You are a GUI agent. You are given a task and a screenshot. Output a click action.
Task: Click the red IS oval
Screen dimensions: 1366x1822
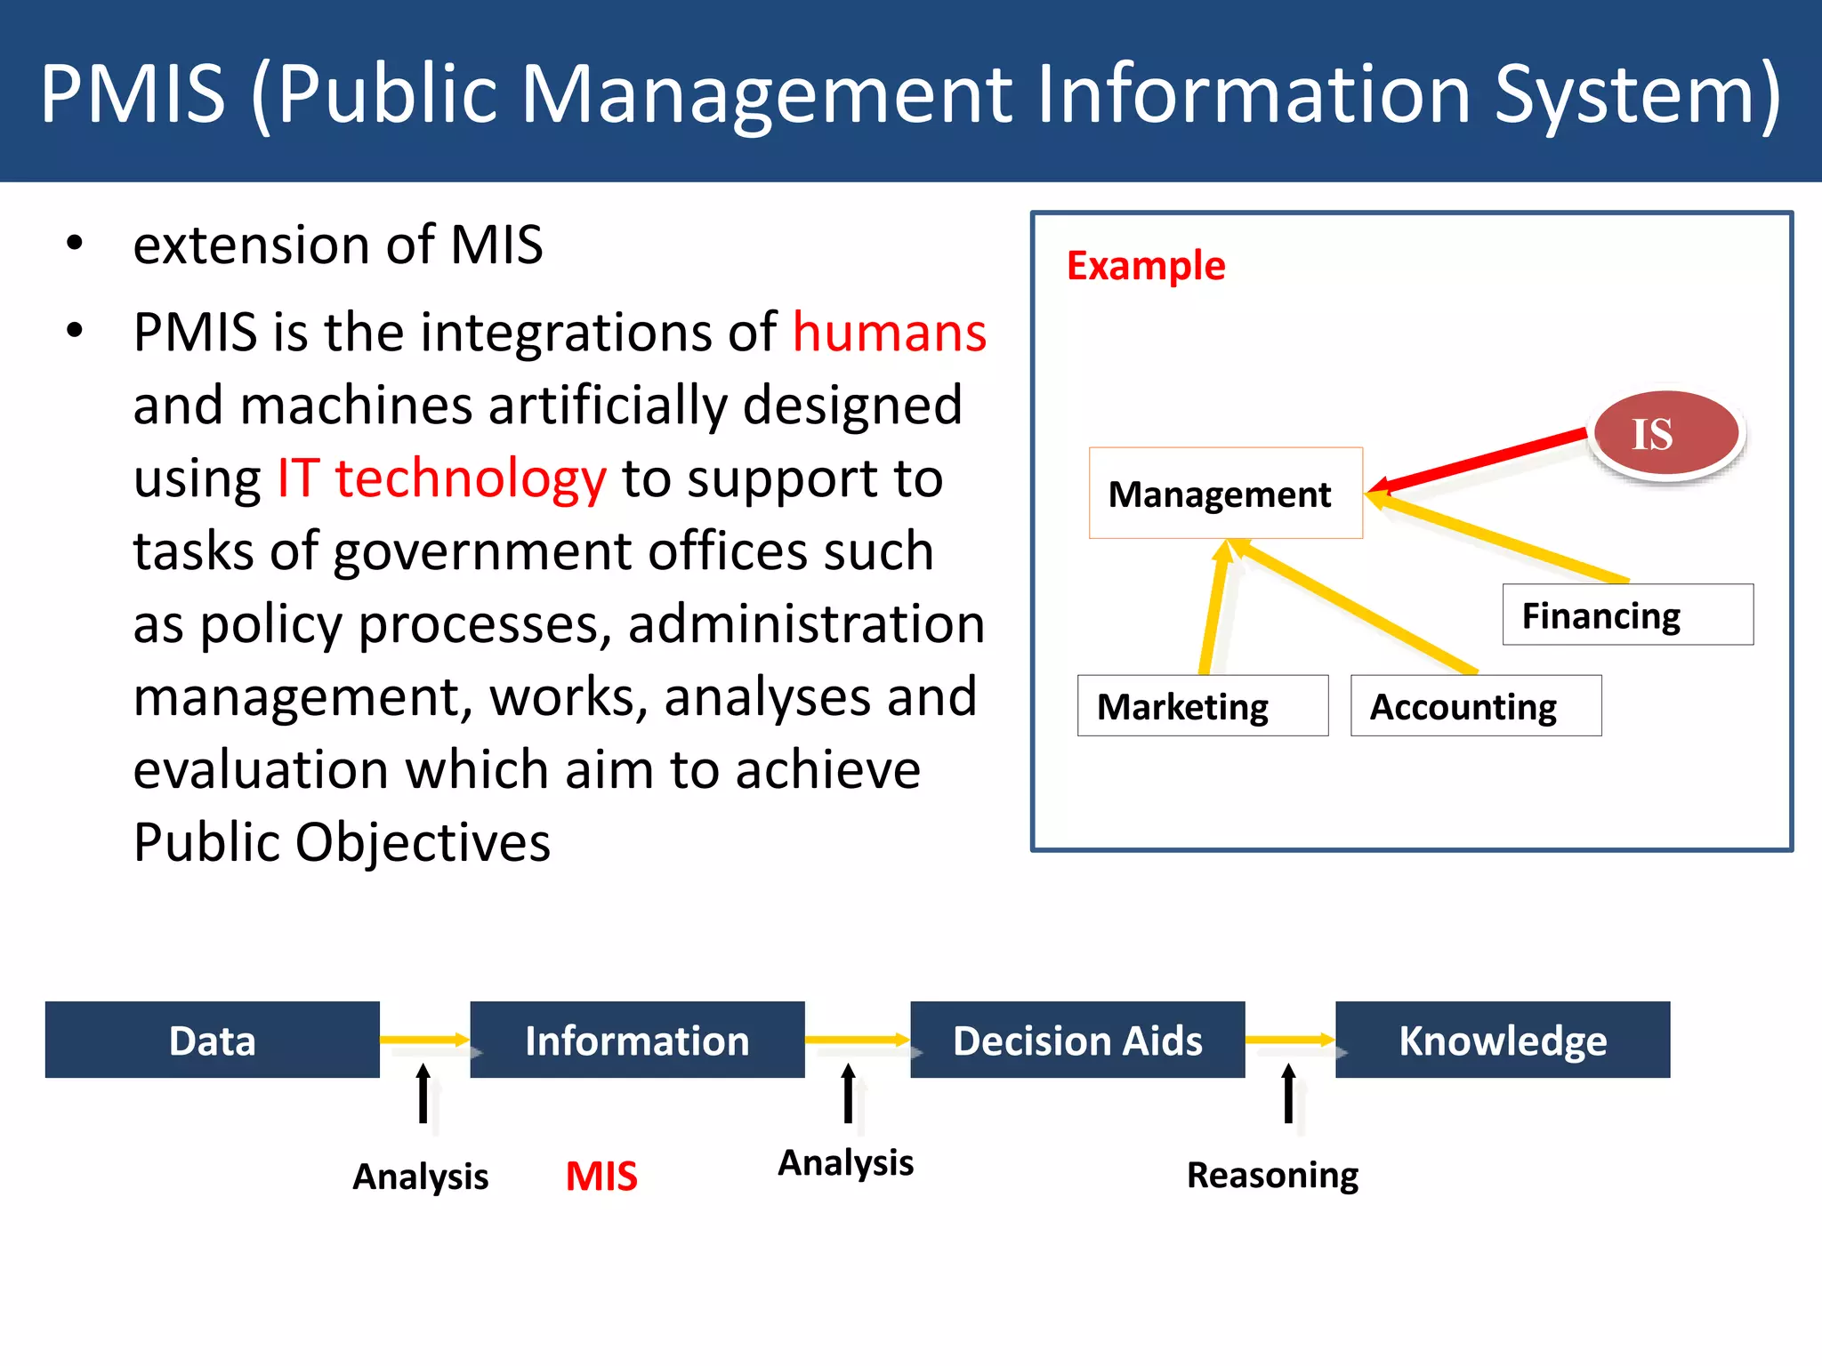click(1665, 433)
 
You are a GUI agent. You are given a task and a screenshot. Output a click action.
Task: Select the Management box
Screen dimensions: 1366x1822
click(1225, 493)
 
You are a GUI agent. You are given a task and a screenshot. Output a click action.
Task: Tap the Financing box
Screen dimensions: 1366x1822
click(1627, 615)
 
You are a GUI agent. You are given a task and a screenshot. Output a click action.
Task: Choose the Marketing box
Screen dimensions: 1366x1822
click(1202, 706)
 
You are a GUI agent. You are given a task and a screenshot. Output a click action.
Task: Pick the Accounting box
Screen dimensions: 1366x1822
click(1475, 706)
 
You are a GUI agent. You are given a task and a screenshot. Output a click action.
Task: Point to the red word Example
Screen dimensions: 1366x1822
click(1145, 265)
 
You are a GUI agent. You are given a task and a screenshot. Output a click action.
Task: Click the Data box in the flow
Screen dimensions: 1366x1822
click(212, 1040)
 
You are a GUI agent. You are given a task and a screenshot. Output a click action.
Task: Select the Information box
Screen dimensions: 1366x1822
click(636, 1040)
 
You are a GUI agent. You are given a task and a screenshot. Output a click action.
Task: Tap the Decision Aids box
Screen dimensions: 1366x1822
click(1076, 1040)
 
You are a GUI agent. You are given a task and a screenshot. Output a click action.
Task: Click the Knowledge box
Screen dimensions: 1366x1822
click(1502, 1040)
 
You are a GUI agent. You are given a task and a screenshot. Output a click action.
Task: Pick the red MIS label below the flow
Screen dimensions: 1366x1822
click(601, 1176)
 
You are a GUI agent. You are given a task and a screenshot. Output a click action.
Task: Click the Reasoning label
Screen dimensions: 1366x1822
click(1272, 1175)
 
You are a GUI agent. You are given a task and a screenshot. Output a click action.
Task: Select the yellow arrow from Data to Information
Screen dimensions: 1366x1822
click(423, 1039)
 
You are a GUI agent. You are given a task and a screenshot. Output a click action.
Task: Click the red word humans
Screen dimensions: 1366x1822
click(889, 333)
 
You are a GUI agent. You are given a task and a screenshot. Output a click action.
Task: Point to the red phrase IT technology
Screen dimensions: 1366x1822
click(441, 478)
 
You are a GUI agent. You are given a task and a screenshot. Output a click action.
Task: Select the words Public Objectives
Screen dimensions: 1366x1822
click(342, 841)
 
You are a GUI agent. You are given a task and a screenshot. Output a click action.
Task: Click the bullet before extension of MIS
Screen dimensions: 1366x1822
click(75, 244)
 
